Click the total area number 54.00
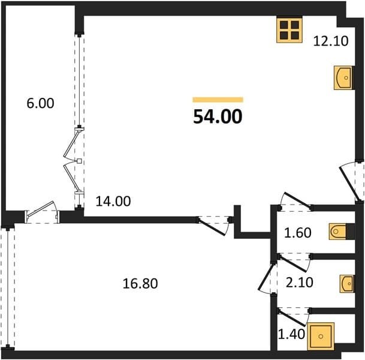218,116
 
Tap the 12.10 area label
331,41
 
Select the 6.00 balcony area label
40,103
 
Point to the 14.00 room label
113,202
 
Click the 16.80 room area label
140,284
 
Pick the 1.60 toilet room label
298,233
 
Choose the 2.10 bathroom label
299,283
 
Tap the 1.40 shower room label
292,334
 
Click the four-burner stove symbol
289,30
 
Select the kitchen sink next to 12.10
344,78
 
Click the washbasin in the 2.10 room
347,284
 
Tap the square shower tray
321,336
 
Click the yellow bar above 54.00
218,100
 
